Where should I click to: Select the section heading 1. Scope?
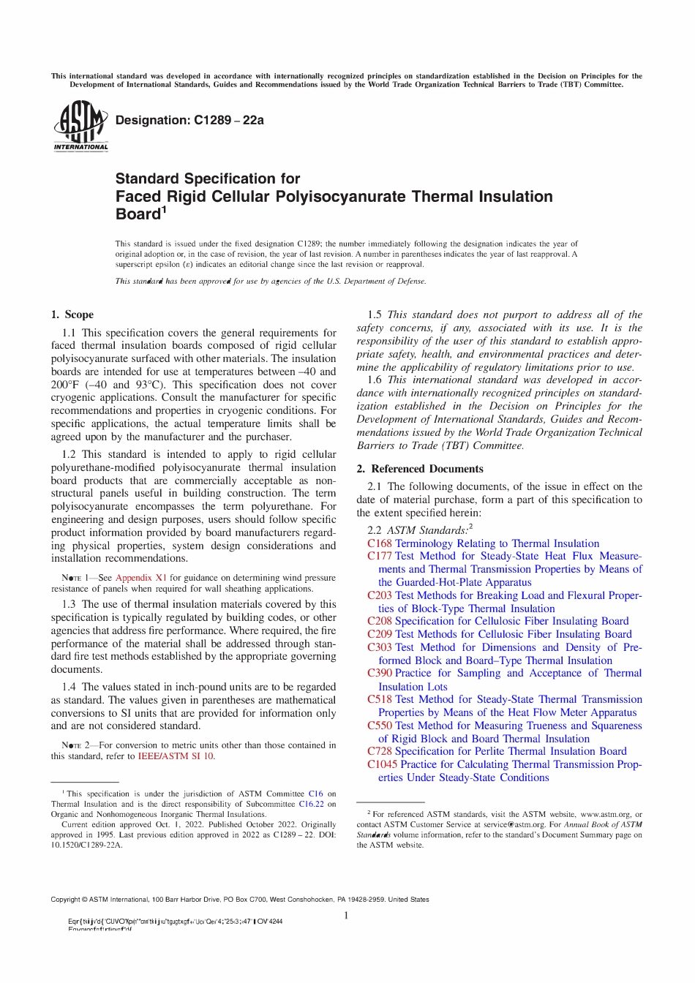point(72,315)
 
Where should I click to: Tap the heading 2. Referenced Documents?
point(419,469)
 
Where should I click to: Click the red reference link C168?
point(379,543)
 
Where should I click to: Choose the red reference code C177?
point(379,556)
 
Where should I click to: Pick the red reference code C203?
point(379,595)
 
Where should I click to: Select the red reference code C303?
point(379,647)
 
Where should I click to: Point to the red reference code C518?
point(379,699)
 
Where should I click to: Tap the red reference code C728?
point(379,751)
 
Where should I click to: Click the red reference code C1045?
point(382,764)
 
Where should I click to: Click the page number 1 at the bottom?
point(346,916)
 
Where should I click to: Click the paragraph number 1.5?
point(375,315)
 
